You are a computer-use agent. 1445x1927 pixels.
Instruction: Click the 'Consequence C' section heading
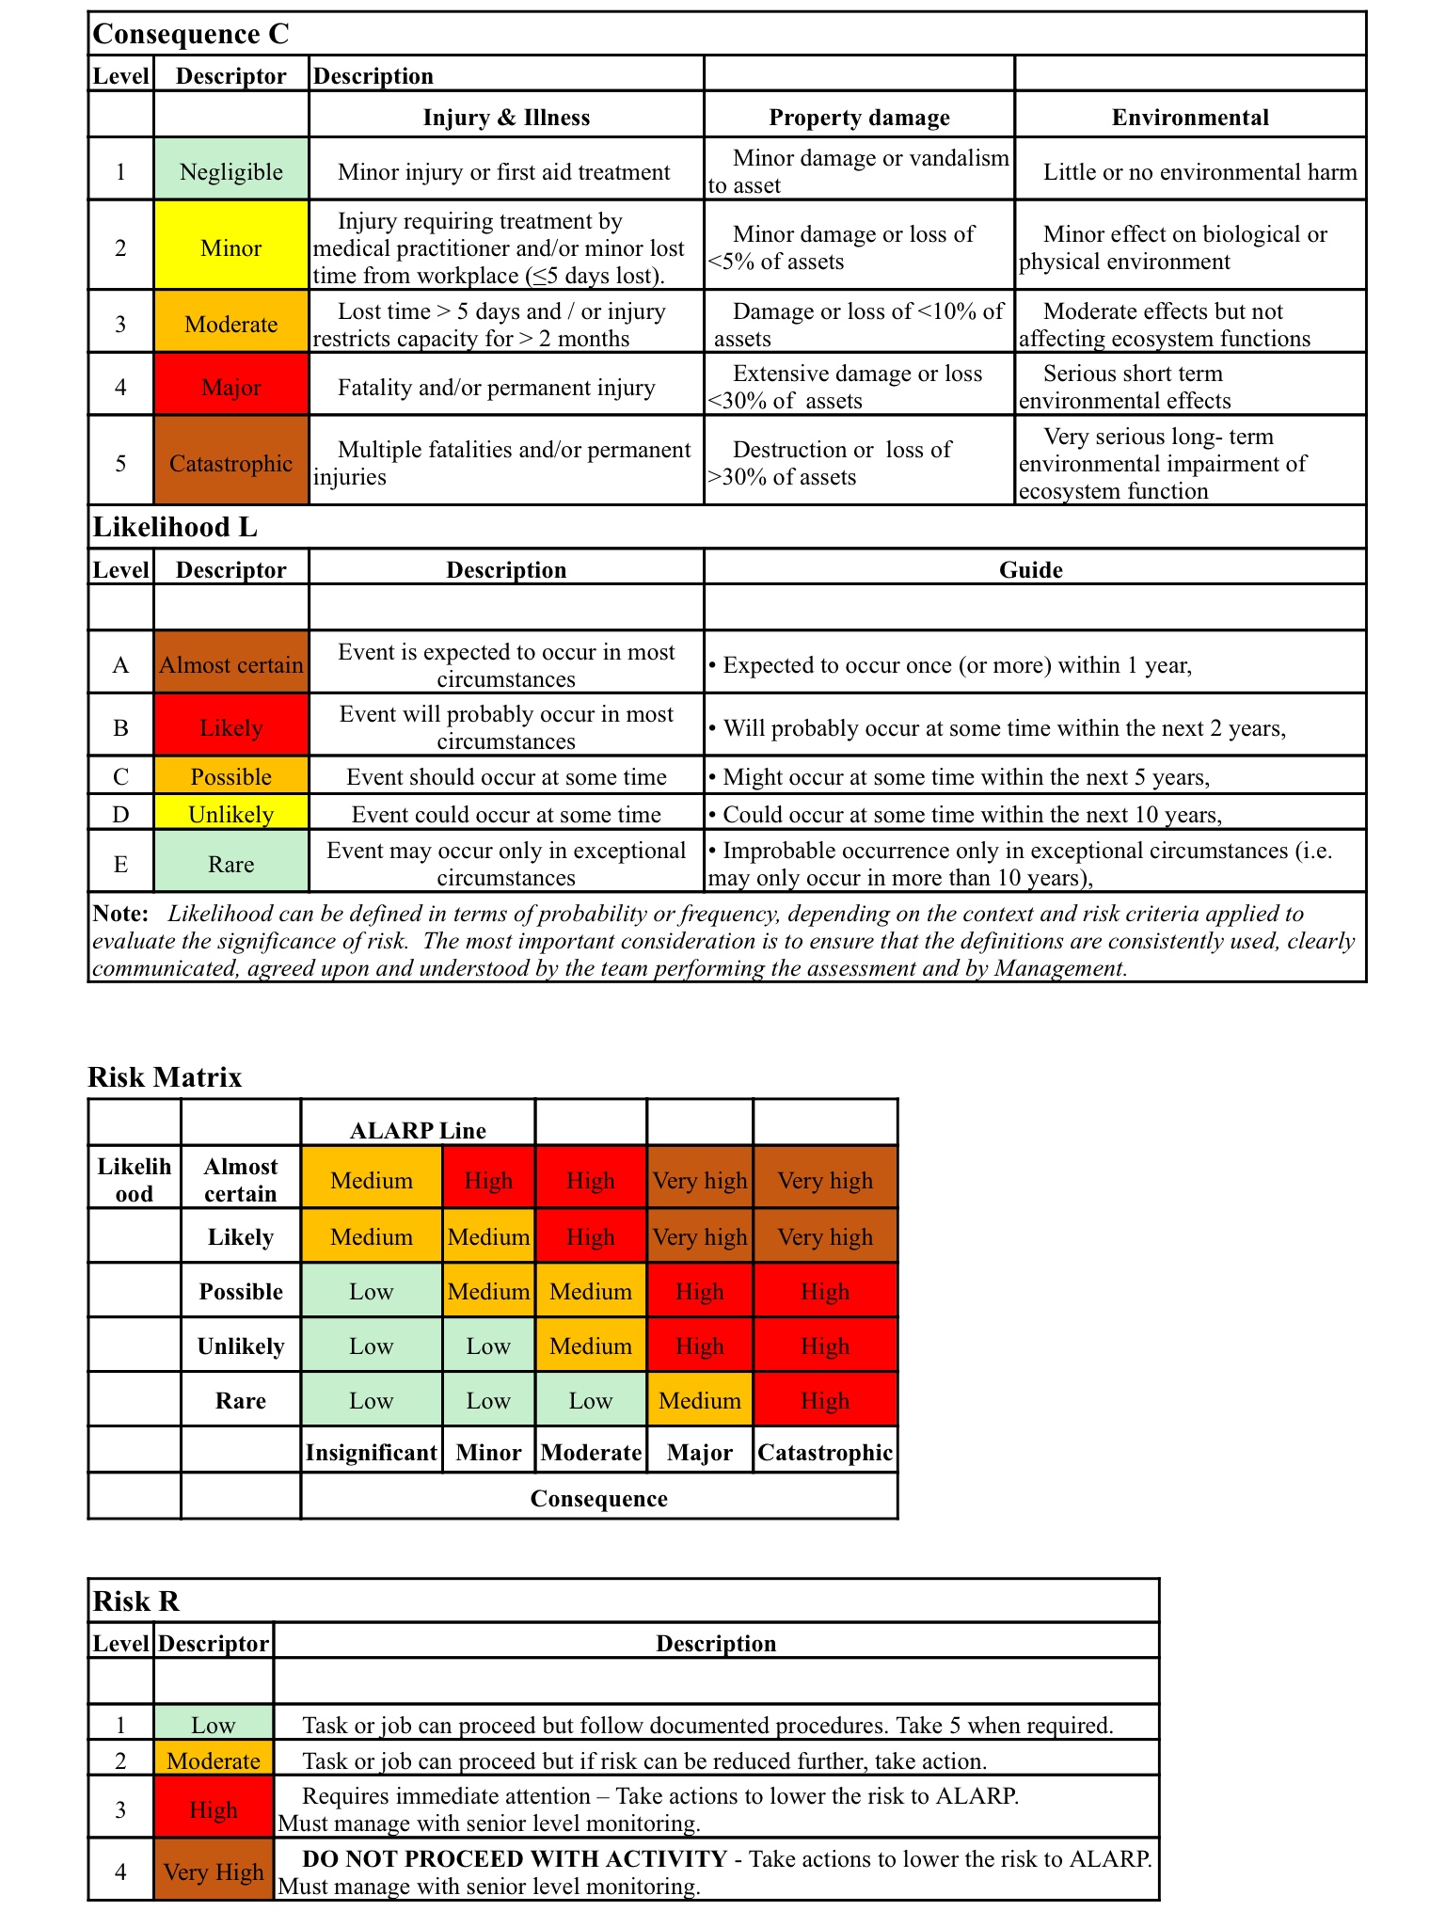click(191, 34)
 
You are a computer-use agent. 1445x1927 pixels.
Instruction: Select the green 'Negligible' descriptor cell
click(231, 172)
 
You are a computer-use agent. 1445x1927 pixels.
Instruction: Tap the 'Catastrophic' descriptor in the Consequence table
click(231, 463)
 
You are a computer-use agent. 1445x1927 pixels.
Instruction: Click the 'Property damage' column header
click(859, 118)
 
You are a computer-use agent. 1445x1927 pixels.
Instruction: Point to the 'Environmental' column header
click(1190, 118)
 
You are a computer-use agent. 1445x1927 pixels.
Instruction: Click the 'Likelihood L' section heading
click(175, 527)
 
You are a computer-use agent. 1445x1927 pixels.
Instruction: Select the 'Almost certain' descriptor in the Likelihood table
click(231, 665)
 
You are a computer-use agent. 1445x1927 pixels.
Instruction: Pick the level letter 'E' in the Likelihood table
click(120, 864)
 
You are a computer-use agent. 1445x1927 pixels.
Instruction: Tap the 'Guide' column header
click(1031, 570)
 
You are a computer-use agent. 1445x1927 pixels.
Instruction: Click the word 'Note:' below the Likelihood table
click(120, 914)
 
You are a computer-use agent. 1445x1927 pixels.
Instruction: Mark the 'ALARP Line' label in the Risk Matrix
click(418, 1130)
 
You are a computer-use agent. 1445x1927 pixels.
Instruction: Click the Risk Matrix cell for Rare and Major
click(700, 1401)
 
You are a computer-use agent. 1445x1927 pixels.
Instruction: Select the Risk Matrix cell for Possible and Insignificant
click(372, 1292)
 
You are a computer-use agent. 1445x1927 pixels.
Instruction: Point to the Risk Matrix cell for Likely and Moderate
click(591, 1237)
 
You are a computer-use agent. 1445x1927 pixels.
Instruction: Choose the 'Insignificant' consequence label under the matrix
click(372, 1453)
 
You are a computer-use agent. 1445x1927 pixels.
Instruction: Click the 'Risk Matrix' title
click(165, 1077)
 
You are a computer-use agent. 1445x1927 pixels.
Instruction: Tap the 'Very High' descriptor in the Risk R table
click(214, 1872)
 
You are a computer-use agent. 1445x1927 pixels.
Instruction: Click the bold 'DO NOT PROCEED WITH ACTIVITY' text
click(515, 1859)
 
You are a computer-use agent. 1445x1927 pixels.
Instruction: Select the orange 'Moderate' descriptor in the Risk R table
click(214, 1761)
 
